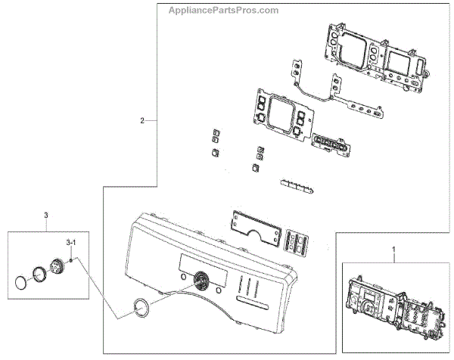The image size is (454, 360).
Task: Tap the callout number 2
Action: coord(142,121)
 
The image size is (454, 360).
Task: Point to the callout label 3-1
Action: coord(70,242)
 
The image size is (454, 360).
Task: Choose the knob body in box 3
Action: coord(57,267)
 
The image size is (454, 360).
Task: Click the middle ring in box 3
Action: coord(38,276)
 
